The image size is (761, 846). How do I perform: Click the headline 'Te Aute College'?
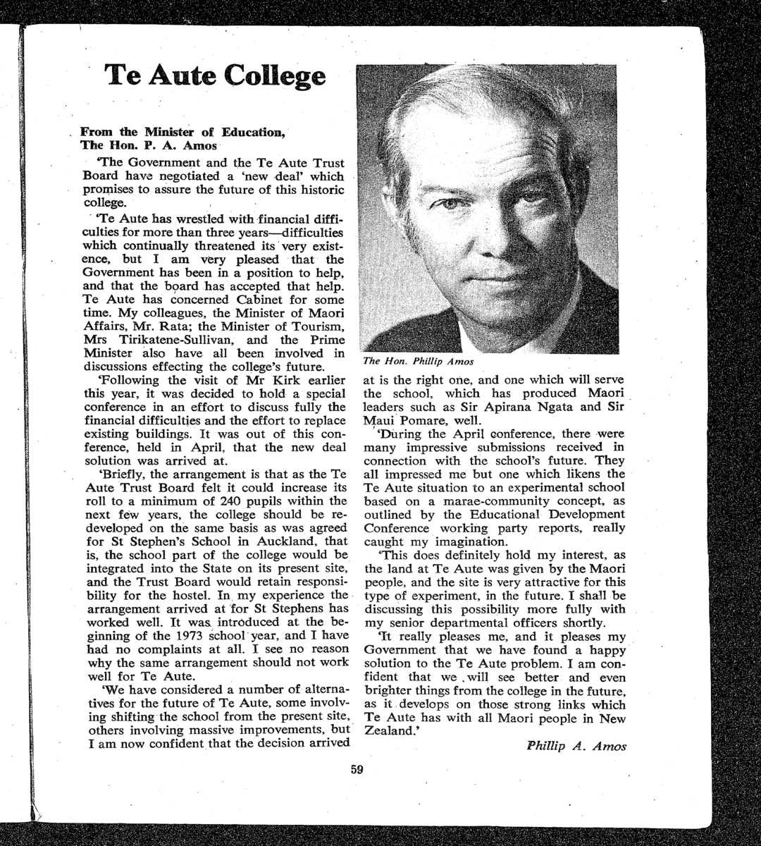point(215,75)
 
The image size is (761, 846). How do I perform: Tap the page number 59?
point(357,770)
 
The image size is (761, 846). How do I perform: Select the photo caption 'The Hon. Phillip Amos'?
point(418,362)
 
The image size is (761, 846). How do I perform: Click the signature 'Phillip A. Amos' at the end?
point(576,747)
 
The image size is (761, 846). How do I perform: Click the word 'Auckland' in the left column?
point(277,541)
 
